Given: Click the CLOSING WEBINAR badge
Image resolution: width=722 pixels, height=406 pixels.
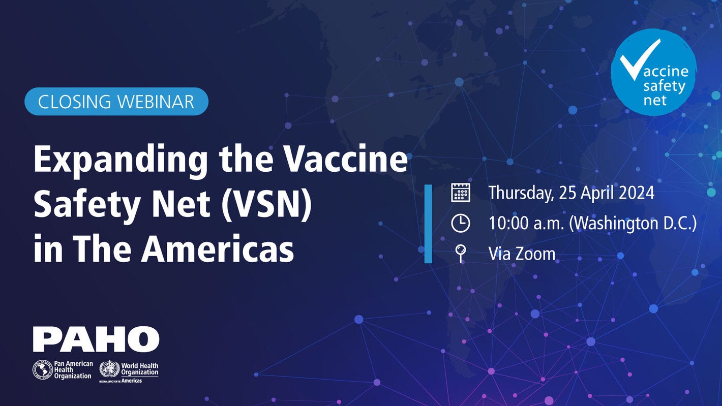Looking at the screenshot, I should (x=116, y=102).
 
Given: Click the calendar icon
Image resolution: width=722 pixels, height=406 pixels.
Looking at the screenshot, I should (x=461, y=193).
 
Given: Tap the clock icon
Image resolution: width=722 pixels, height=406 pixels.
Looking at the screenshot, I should (x=461, y=224).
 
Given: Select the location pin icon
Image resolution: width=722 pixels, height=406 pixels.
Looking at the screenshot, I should (x=461, y=253).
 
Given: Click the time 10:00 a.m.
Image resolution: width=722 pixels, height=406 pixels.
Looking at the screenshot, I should (x=525, y=224).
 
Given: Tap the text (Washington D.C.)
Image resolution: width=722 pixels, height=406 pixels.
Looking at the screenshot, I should (x=633, y=224).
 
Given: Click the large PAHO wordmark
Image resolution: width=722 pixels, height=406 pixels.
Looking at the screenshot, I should (x=96, y=339).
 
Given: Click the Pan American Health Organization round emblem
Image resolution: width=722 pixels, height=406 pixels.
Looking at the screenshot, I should (x=43, y=370).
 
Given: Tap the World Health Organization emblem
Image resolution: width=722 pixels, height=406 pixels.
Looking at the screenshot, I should (x=109, y=369).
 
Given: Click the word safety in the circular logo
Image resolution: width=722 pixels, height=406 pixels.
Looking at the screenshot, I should (x=664, y=85).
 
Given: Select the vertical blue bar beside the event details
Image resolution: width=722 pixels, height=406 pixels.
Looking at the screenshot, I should (x=428, y=224).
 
